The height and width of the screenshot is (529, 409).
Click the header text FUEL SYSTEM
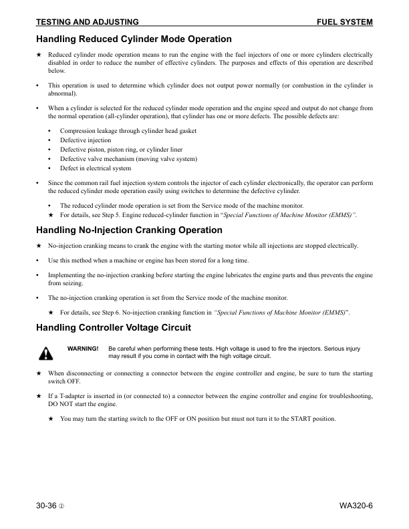point(344,23)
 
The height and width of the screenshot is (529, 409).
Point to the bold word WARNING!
point(83,349)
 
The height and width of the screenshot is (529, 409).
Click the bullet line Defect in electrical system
point(96,168)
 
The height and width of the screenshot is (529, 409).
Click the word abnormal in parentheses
point(64,95)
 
